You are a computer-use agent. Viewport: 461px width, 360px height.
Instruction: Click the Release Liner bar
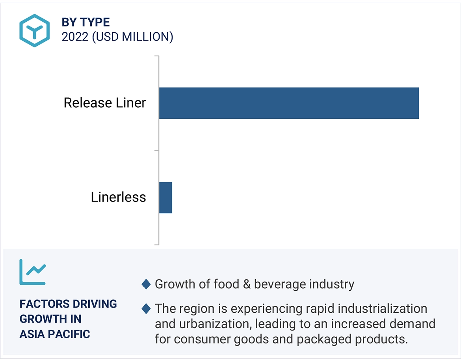click(x=289, y=103)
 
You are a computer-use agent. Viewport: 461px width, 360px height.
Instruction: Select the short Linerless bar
click(x=165, y=198)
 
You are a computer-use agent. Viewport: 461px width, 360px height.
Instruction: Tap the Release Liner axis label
click(x=105, y=103)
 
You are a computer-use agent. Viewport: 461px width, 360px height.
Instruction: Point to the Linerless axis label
click(x=118, y=197)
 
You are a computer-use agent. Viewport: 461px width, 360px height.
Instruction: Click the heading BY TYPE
click(x=86, y=22)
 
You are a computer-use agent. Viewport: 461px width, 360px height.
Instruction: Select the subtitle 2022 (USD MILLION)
click(x=117, y=37)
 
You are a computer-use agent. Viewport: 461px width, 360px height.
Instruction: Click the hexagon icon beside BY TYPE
click(x=35, y=30)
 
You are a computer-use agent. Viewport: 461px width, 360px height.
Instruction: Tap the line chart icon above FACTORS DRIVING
click(x=33, y=272)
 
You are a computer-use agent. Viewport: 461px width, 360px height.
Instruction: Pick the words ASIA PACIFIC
click(x=55, y=334)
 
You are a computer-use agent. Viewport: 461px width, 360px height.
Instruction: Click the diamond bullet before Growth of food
click(x=146, y=284)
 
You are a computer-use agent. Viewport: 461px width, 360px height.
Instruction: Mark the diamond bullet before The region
click(x=146, y=309)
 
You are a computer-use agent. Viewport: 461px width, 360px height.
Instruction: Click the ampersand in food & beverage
click(x=247, y=284)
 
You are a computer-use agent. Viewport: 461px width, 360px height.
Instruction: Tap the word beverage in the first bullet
click(x=281, y=284)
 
